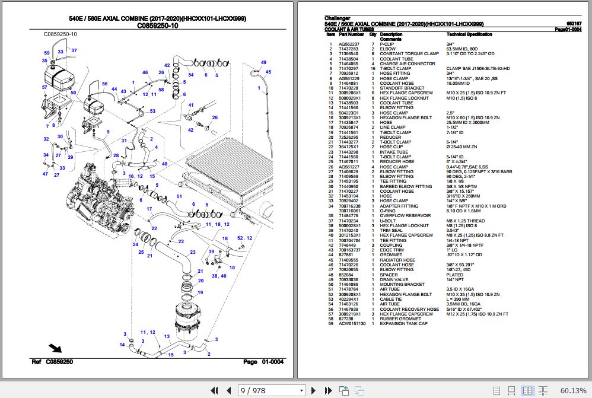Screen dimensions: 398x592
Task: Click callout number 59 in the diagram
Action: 46,53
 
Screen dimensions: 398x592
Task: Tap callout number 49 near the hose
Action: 263,62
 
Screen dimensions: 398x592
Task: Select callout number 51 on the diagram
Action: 179,196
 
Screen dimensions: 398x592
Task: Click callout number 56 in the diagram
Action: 105,84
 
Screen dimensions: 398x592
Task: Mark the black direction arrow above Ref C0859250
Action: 55,348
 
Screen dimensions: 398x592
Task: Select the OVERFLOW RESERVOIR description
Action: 405,215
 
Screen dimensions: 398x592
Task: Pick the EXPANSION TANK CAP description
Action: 403,324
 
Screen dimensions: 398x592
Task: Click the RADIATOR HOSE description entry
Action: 397,260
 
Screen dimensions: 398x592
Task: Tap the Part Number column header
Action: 351,34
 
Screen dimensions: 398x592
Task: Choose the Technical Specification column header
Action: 469,34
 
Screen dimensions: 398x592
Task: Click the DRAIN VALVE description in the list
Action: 394,279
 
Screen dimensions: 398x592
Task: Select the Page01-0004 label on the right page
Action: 568,29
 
